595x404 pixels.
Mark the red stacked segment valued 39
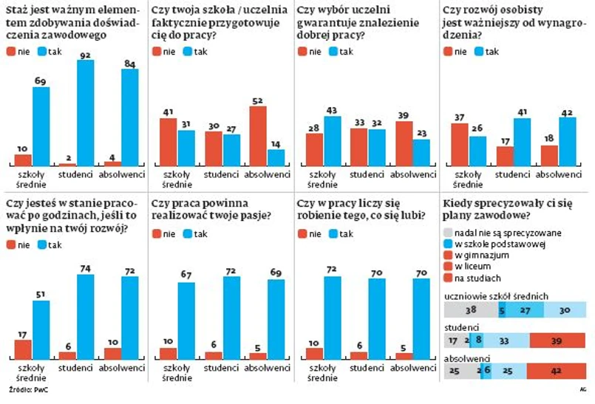click(x=559, y=340)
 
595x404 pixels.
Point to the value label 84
click(x=129, y=64)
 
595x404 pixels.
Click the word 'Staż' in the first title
click(x=16, y=10)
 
